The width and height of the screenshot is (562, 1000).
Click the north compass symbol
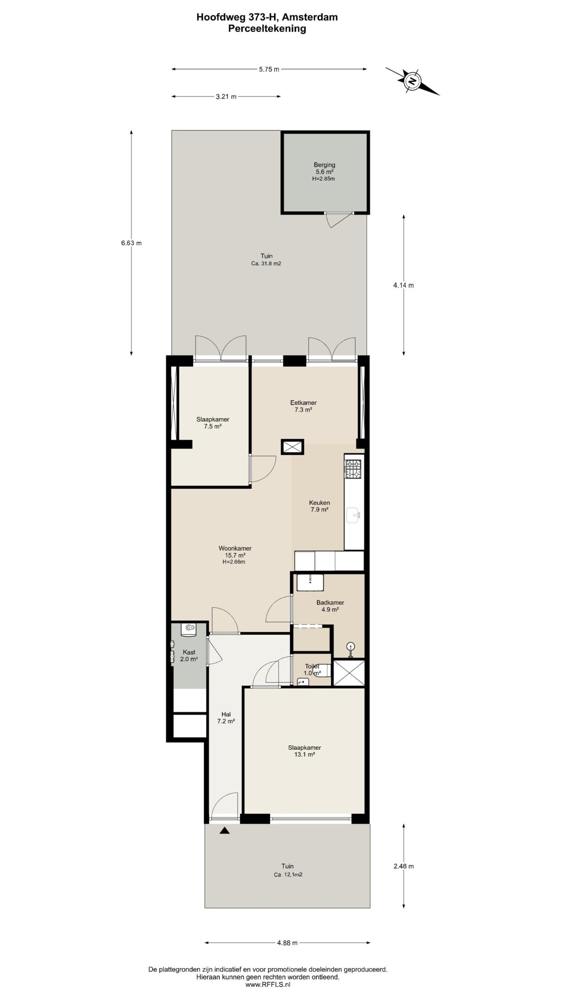(412, 81)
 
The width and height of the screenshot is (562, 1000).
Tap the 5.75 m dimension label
(269, 70)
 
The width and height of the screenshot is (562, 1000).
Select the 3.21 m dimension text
(226, 96)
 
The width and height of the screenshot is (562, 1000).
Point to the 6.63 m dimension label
(131, 243)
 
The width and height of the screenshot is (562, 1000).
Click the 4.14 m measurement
(404, 285)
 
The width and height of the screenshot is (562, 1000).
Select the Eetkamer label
(303, 406)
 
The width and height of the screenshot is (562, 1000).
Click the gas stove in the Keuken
(353, 469)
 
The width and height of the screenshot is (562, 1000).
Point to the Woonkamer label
(235, 555)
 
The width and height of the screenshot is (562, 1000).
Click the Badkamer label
(330, 606)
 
